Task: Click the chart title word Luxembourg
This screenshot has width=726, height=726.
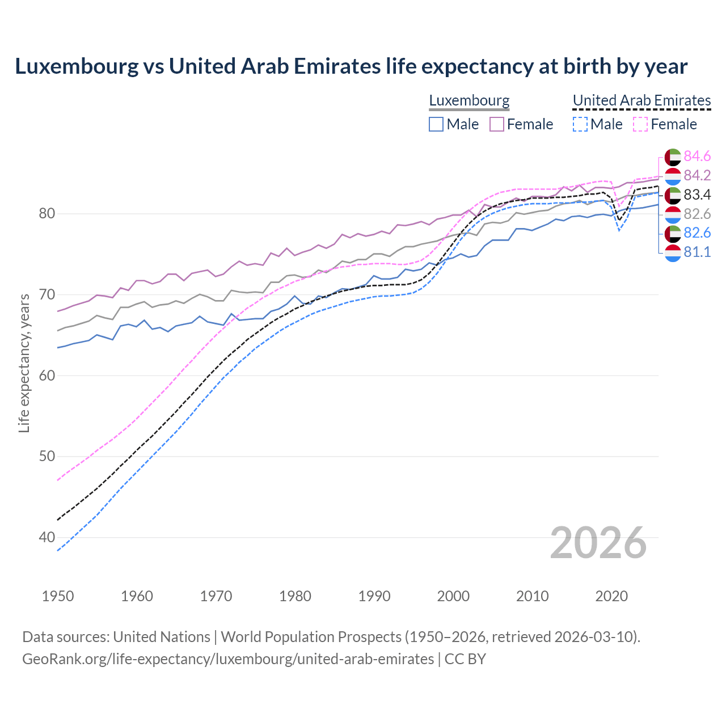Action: [x=77, y=66]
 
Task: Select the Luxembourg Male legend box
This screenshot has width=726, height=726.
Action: [x=436, y=124]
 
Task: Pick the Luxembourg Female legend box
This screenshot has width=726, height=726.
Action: [x=497, y=124]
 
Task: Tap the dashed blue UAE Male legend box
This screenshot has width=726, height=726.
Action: [x=580, y=124]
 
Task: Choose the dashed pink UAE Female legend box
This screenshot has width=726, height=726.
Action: [x=640, y=124]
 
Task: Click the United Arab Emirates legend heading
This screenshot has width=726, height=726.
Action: [x=641, y=100]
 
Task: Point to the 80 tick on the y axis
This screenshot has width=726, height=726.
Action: [x=47, y=214]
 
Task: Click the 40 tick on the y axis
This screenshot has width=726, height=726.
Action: [x=47, y=537]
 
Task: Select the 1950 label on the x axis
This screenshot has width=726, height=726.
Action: [x=58, y=596]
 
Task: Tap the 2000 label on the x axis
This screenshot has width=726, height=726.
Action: [x=453, y=596]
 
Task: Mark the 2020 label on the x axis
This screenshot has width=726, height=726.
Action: [x=611, y=596]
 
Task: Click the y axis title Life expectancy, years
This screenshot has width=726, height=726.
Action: [x=24, y=363]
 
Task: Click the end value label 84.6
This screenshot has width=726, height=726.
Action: [x=697, y=156]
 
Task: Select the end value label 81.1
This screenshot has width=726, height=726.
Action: [x=697, y=252]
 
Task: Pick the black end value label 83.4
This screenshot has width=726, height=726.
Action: [x=697, y=195]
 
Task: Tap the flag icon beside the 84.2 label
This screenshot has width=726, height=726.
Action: [x=673, y=176]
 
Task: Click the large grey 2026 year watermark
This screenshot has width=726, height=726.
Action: [x=598, y=543]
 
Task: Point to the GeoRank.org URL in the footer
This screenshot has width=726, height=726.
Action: [x=228, y=659]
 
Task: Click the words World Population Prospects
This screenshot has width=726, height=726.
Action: [x=311, y=637]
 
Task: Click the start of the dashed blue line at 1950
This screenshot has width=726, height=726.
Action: [x=58, y=550]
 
